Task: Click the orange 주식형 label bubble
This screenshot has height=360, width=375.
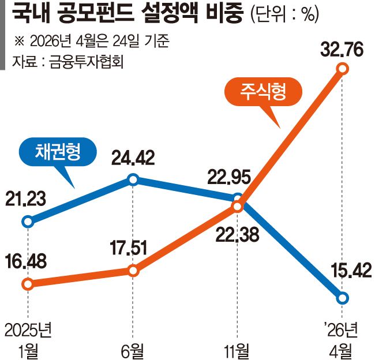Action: (264, 92)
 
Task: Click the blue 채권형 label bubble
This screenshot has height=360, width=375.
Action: (57, 152)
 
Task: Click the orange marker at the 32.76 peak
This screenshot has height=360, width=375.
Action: (343, 69)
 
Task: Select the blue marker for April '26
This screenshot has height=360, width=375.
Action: (343, 298)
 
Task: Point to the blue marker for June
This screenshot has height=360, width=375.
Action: (133, 180)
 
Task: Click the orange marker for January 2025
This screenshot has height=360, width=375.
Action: (27, 284)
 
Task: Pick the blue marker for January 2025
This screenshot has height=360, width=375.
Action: (27, 221)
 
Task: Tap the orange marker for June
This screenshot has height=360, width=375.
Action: (133, 271)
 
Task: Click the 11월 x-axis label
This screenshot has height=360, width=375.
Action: (237, 348)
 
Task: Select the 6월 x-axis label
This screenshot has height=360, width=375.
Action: (132, 348)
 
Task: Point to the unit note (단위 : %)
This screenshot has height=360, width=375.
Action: (284, 14)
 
